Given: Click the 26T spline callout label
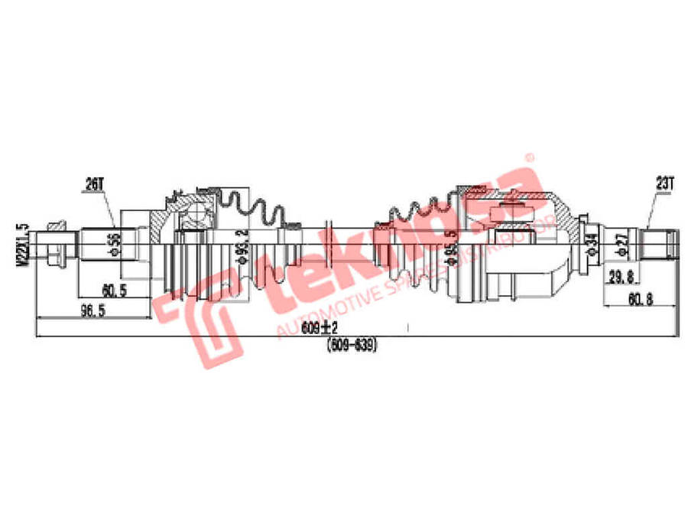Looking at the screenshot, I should tap(93, 183).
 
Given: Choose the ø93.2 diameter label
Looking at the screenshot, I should tap(242, 247).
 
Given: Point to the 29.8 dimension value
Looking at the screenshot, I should tap(620, 277).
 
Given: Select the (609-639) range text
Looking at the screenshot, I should tap(353, 345).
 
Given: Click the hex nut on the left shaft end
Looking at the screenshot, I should tap(56, 245).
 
